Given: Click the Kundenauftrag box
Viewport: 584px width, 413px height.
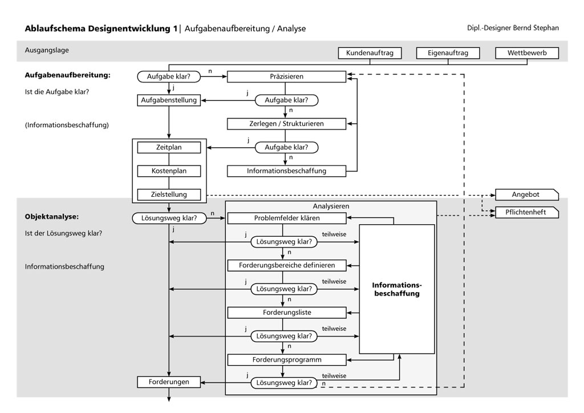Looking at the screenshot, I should click(370, 54).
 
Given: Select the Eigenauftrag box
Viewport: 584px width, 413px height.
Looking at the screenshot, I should click(448, 54).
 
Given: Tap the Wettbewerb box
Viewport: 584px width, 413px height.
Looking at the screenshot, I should click(527, 54).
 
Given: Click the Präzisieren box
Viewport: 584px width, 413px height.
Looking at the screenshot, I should click(286, 76).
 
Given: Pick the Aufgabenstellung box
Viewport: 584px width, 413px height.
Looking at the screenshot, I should click(169, 100).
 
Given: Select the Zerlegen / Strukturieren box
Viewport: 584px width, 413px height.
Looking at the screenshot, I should click(286, 123).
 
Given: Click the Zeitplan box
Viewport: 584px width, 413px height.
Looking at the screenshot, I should click(169, 147).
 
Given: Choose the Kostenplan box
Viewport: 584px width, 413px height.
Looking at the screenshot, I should click(169, 171).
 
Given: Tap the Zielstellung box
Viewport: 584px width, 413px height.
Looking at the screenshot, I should click(169, 195).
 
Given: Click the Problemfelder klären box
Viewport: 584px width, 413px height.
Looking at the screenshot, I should click(286, 218).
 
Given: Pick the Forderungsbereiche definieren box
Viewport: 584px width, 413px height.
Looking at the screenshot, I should click(286, 265).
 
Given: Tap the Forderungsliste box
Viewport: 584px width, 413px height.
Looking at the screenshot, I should click(286, 313).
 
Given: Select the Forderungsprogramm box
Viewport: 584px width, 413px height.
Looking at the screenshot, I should click(286, 360).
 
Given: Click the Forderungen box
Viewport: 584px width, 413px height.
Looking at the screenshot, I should click(169, 382).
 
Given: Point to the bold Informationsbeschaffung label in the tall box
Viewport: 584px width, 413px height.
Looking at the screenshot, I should click(396, 289).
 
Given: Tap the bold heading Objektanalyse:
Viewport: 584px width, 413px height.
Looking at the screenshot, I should click(51, 217).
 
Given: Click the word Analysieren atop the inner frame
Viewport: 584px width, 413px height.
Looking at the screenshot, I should click(331, 206).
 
